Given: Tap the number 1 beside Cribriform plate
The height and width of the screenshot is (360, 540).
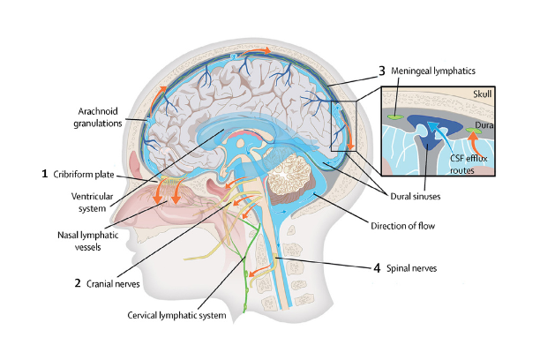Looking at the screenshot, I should click(x=44, y=174).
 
